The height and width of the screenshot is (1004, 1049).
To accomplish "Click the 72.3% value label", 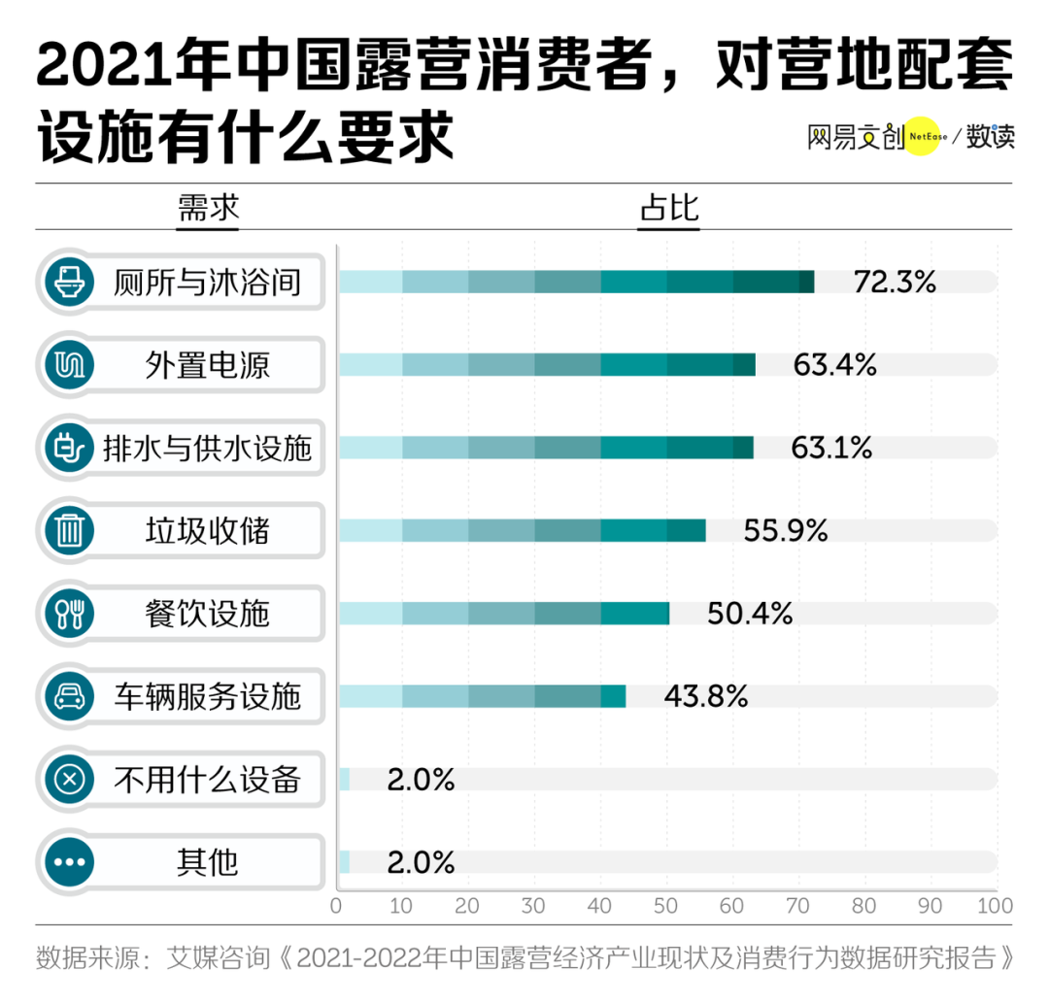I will (895, 283).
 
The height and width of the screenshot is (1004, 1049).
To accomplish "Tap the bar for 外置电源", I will (546, 365).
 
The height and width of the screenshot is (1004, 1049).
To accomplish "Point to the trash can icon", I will (70, 531).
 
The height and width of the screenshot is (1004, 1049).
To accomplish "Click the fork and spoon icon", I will (70, 614).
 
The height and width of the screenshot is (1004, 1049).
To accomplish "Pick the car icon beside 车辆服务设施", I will (70, 696).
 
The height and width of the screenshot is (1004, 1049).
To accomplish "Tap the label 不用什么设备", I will (207, 779).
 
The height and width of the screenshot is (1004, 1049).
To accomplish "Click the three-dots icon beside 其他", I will (70, 861).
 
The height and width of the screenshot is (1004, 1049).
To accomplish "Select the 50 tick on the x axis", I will (666, 907).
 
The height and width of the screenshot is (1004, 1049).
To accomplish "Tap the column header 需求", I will (207, 208).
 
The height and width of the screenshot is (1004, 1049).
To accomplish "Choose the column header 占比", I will (668, 208).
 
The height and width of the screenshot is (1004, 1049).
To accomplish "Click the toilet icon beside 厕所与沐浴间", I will (70, 283).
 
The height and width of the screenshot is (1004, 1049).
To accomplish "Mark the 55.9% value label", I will (786, 531).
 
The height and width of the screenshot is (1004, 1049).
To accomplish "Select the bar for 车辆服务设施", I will (482, 696).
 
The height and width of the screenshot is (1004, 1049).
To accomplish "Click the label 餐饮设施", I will (207, 614).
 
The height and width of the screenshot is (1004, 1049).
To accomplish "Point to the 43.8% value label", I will (706, 696).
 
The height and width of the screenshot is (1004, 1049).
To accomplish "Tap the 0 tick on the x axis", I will (337, 907).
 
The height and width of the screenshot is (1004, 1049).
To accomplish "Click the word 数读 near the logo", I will (990, 137).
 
